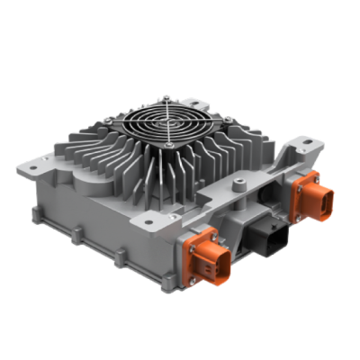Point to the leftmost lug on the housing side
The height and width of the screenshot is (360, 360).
click(x=38, y=214)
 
